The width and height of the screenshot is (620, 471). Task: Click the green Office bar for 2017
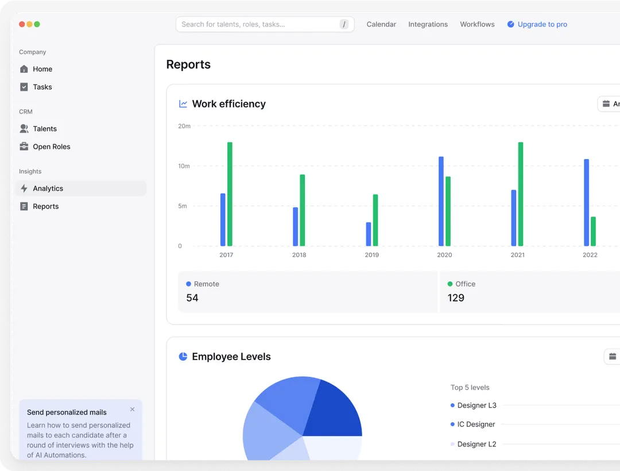point(230,194)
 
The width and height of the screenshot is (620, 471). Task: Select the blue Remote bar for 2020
point(441,201)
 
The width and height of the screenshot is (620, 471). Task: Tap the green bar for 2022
point(593,231)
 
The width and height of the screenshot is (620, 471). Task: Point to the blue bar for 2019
point(369,234)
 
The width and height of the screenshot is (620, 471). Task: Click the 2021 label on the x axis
point(517,255)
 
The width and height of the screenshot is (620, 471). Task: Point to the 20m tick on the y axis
point(184,126)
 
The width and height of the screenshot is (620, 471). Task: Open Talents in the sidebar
point(45,129)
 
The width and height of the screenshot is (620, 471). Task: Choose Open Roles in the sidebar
point(51,146)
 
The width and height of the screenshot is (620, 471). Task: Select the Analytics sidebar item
point(48,188)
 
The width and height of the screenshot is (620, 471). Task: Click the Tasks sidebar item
point(42,87)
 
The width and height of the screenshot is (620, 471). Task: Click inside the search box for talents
point(258,24)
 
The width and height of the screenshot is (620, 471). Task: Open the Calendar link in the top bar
point(381,24)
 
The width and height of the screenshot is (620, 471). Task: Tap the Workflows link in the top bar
point(477,24)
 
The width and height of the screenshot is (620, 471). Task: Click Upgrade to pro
point(542,24)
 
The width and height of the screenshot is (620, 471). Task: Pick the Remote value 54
point(192,298)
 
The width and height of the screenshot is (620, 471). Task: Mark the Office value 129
point(456,298)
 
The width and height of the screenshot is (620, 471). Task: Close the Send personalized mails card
point(133,410)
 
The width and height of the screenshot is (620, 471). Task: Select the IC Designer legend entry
point(476,424)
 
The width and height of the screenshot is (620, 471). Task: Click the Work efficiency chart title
point(228,104)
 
